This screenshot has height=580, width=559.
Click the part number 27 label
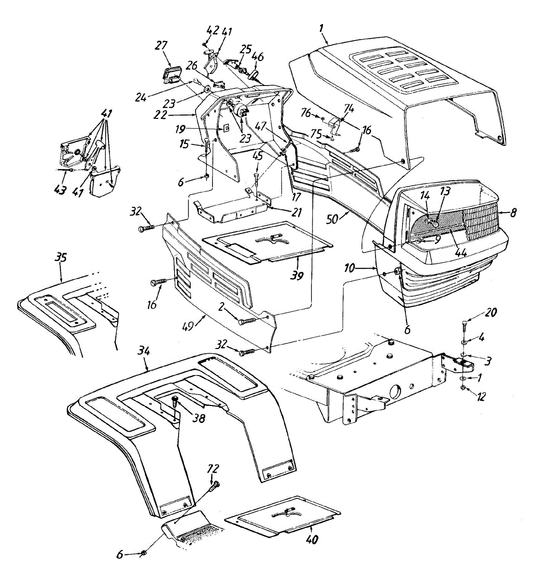(161, 45)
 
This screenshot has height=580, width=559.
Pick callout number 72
(213, 468)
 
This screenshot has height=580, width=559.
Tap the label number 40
(312, 539)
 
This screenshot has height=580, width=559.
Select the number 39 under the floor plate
(297, 275)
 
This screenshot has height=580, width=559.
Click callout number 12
(481, 397)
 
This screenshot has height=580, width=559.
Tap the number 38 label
(198, 419)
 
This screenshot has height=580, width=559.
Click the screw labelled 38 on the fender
(175, 400)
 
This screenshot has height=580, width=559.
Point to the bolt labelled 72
(214, 485)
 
